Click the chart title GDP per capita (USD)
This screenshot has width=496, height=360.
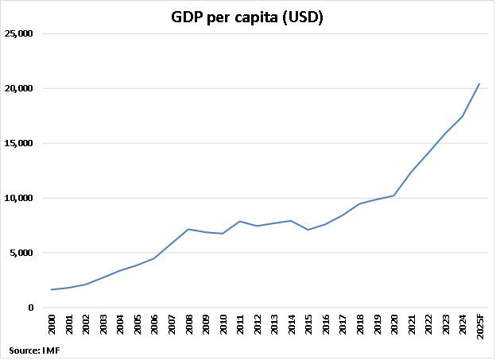247,17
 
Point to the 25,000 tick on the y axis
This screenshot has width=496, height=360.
19,34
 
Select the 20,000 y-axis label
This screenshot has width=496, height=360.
19,89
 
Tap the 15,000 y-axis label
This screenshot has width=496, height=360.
19,144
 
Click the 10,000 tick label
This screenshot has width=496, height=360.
19,199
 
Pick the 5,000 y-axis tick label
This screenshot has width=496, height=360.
21,254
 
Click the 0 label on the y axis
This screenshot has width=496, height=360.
30,308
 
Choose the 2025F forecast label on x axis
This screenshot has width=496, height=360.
479,328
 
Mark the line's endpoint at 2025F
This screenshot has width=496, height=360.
479,83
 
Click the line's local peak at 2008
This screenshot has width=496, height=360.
189,229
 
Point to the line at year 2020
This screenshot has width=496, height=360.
393,195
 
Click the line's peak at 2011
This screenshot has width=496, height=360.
240,221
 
